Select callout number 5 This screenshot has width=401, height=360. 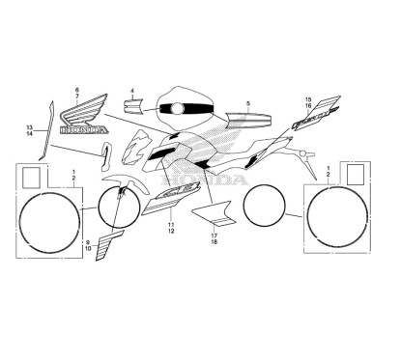point(248,102)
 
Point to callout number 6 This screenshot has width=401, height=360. point(76,89)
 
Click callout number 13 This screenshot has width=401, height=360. point(30,127)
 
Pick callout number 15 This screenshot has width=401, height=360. point(309,99)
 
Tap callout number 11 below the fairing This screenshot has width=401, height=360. point(170,224)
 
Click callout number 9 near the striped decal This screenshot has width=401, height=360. point(86,240)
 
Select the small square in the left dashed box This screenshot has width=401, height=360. point(32,177)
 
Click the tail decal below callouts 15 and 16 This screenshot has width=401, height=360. point(307,124)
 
